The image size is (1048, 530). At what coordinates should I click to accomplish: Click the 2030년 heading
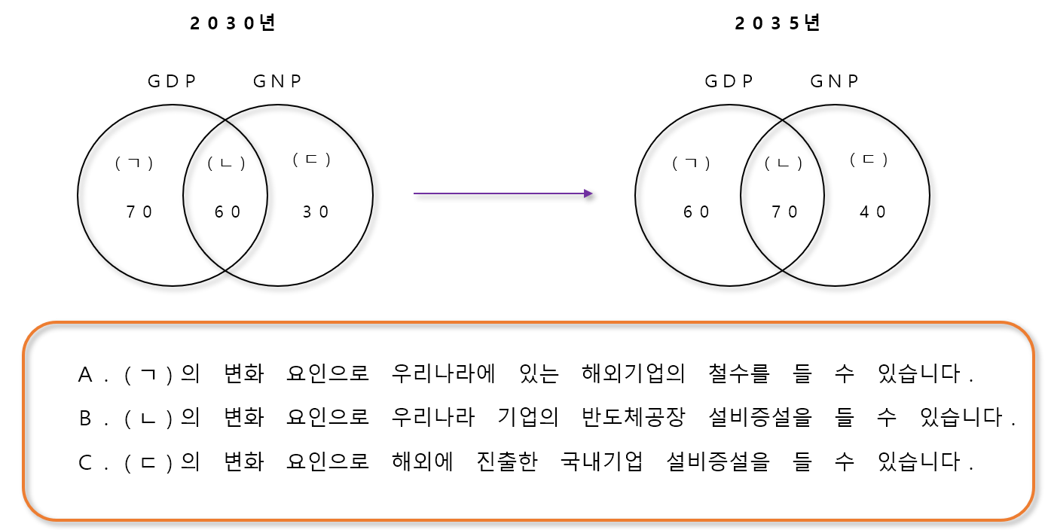[232, 23]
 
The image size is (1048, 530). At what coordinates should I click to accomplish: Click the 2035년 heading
[777, 23]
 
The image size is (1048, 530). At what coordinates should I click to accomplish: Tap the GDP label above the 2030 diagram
[172, 81]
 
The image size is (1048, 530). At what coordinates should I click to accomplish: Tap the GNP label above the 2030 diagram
[277, 81]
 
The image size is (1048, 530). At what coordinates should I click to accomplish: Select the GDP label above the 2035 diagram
[729, 81]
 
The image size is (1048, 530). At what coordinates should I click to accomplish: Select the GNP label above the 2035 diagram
[835, 81]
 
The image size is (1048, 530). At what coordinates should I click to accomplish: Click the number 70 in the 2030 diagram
[139, 212]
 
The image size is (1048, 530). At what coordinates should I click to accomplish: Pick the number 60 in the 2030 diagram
[228, 212]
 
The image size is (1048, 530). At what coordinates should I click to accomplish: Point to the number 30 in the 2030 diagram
[316, 212]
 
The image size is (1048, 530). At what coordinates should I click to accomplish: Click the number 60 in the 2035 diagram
[697, 212]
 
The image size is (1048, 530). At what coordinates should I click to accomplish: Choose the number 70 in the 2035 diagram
[785, 212]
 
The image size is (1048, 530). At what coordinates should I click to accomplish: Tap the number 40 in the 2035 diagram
[874, 212]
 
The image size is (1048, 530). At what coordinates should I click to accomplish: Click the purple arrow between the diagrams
[503, 193]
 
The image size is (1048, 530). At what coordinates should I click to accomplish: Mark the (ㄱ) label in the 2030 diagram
[134, 163]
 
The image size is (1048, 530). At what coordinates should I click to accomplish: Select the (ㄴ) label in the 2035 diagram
[784, 163]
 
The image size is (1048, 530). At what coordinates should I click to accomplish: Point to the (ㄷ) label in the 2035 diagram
[869, 160]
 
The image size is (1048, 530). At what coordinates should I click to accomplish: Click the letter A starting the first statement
[85, 375]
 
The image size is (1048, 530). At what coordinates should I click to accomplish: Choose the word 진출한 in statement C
[507, 461]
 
